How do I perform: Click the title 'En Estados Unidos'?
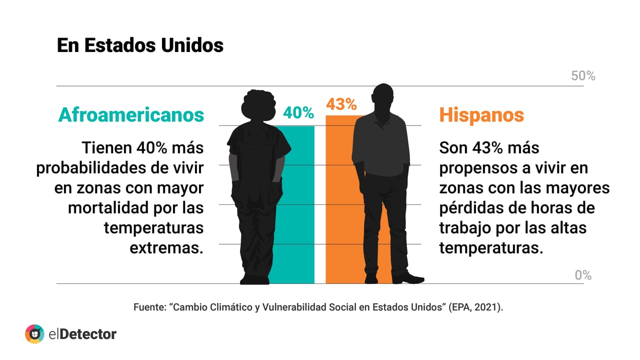pyautogui.click(x=140, y=45)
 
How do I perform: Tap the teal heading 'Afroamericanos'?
pyautogui.click(x=131, y=114)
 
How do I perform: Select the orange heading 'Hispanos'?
pyautogui.click(x=481, y=114)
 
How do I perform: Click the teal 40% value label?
pyautogui.click(x=298, y=113)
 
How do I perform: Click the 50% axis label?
pyautogui.click(x=583, y=76)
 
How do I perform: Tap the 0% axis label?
pyautogui.click(x=583, y=275)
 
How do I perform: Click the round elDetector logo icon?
pyautogui.click(x=34, y=333)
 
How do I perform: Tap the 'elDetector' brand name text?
pyautogui.click(x=82, y=333)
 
